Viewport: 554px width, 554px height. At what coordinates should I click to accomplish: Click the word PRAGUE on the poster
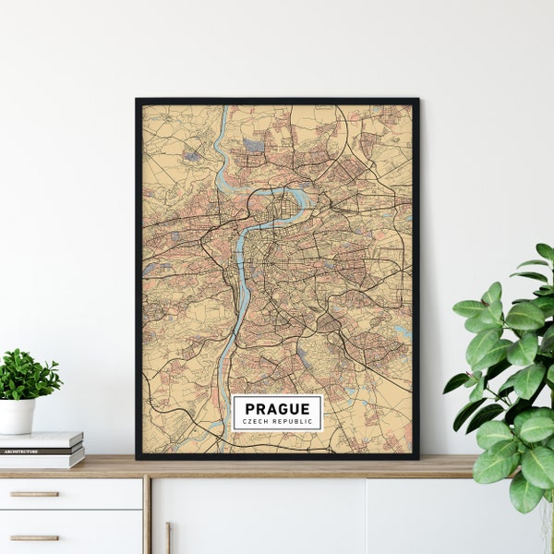click(x=277, y=408)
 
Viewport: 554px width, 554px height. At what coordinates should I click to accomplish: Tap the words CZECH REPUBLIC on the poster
click(x=277, y=422)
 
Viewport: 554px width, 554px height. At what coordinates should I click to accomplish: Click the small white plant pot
click(x=17, y=415)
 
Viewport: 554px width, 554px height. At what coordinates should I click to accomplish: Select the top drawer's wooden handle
click(x=34, y=494)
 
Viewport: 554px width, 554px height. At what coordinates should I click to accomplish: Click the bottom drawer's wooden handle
click(x=34, y=536)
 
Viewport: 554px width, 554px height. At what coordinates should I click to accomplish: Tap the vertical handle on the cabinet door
click(x=167, y=537)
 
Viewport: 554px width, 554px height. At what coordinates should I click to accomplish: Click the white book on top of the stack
click(x=42, y=440)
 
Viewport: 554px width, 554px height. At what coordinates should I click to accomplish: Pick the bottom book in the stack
click(x=42, y=460)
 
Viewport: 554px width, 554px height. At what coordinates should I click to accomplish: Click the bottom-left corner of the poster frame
click(x=138, y=457)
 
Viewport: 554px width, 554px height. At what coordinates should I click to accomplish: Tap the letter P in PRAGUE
click(x=250, y=408)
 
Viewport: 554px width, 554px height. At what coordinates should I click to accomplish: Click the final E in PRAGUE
click(x=306, y=408)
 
